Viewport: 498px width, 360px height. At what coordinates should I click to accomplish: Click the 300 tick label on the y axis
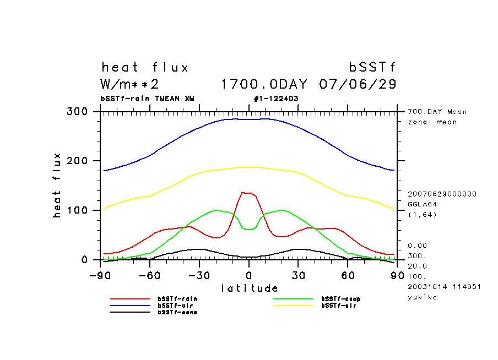point(77,112)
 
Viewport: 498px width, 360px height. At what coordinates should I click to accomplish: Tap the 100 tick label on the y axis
point(77,210)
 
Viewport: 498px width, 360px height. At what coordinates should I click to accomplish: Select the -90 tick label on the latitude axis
point(101,275)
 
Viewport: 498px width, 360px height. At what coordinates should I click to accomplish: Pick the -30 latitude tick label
point(199,275)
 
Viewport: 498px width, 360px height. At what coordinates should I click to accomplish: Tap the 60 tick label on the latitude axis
point(348,275)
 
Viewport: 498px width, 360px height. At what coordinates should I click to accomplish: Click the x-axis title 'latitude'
point(249,288)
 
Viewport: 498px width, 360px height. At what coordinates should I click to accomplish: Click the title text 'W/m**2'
point(130,85)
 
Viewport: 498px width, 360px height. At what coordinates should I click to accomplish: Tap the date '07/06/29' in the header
point(358,85)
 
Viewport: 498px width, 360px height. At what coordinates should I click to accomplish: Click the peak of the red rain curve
point(245,192)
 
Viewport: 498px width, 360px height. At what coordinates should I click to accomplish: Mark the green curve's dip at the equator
point(249,229)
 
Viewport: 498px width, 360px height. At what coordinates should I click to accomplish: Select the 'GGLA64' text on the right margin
point(421,204)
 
